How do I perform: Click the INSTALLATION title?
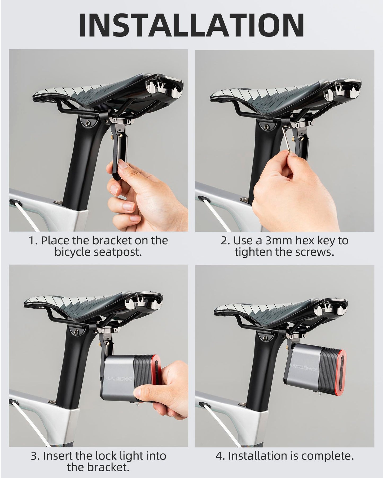pos(191,25)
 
